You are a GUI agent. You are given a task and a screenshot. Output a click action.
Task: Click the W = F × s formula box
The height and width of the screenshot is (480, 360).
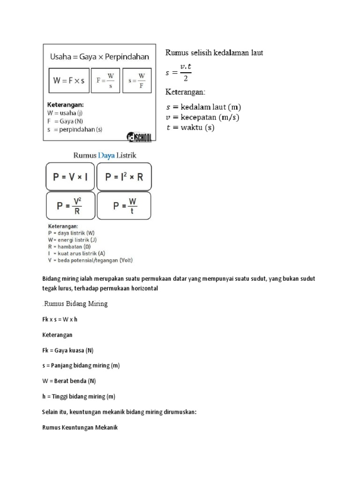coord(69,80)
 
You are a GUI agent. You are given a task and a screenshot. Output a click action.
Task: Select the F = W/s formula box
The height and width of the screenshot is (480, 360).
coord(106,80)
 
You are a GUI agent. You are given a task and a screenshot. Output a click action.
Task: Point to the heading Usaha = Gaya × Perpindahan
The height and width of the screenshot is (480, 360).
coord(99,57)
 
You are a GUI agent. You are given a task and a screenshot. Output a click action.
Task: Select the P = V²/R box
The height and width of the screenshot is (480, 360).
coord(71,205)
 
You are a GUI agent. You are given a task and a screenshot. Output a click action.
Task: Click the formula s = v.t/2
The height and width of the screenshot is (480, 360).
coord(179,73)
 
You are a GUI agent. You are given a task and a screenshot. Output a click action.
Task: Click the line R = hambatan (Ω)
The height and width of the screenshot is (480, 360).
coord(78,246)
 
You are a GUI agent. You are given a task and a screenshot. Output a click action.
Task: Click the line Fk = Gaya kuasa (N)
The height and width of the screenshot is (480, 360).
coord(68,350)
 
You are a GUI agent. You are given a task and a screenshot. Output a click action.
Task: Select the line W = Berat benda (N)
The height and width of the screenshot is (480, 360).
coord(69,381)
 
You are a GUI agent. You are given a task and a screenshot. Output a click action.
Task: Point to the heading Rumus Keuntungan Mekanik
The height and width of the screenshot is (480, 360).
coord(79,427)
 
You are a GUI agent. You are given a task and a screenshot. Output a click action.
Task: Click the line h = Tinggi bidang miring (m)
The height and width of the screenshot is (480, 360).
coord(79,396)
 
